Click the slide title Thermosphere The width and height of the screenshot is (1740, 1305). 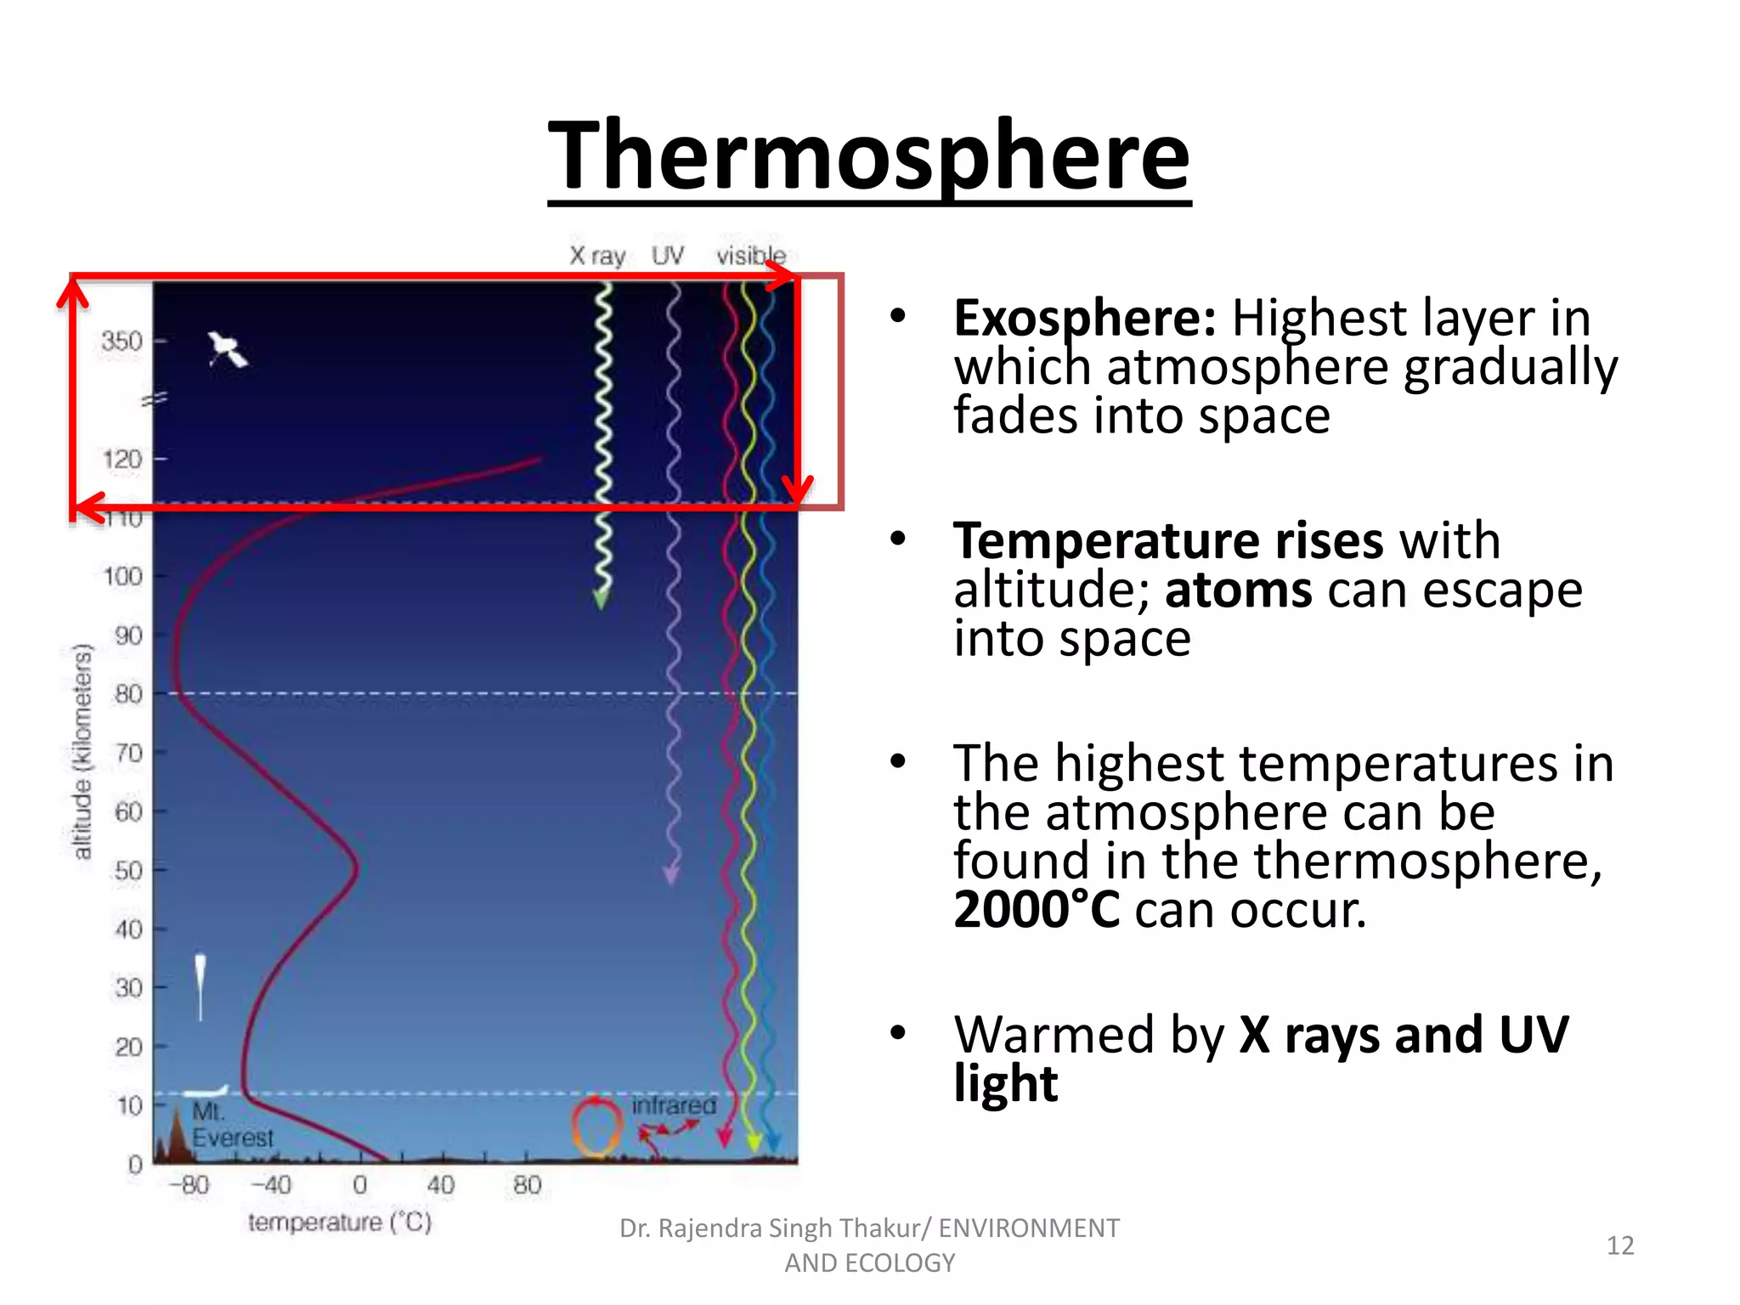point(868,157)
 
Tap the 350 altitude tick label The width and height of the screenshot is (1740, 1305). point(121,341)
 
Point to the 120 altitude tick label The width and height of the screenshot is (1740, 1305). point(121,460)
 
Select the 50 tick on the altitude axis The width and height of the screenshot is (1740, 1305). point(128,871)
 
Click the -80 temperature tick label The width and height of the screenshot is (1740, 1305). point(189,1184)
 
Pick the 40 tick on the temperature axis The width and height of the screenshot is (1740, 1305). point(440,1184)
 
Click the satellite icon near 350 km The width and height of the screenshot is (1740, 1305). point(227,349)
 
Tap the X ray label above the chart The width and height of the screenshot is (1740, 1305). point(597,255)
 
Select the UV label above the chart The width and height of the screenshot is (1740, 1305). point(667,255)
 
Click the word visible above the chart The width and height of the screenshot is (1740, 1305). point(750,255)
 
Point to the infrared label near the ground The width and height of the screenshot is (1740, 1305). point(674,1105)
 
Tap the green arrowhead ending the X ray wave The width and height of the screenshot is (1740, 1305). point(601,599)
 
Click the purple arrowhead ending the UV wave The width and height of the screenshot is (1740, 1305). point(671,875)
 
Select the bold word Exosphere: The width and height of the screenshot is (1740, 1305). point(1084,319)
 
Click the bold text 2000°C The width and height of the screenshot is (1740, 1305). point(1036,910)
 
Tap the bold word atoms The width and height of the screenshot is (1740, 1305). point(1238,590)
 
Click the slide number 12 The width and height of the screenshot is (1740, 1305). point(1619,1246)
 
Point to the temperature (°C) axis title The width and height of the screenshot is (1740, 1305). point(340,1223)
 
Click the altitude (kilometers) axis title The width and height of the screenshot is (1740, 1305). point(82,752)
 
